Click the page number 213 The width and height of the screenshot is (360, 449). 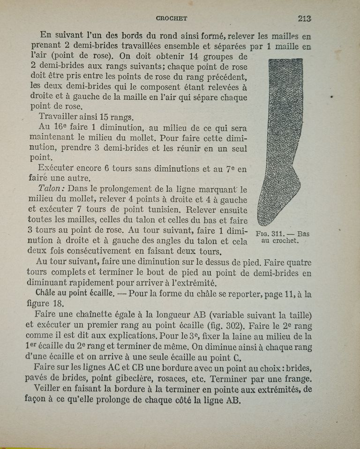pos(304,19)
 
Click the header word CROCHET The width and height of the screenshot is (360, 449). pos(172,19)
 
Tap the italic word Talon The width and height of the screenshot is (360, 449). pos(51,188)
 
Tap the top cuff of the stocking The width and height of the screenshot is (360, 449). pos(286,63)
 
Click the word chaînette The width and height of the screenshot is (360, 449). pos(99,314)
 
